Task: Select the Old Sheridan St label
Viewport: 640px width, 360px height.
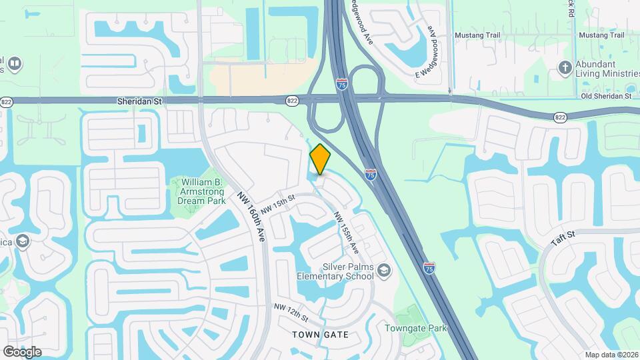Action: coord(605,96)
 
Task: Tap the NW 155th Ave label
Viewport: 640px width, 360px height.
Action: coord(346,233)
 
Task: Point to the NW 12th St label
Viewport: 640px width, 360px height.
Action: coord(291,310)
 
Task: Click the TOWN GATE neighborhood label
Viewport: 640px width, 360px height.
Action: coord(321,334)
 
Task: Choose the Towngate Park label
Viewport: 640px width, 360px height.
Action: coord(415,328)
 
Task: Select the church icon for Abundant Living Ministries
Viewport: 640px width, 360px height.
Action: coord(565,67)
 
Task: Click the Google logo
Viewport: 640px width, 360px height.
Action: coord(22,351)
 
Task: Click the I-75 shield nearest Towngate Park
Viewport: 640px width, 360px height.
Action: coord(429,267)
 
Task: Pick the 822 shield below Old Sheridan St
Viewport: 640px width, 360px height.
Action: coord(559,117)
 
